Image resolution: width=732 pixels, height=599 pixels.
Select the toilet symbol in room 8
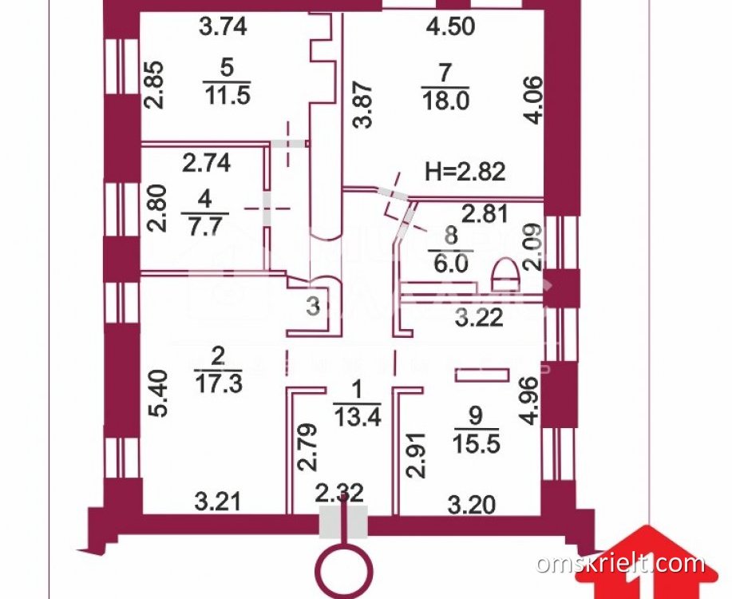tap(504, 275)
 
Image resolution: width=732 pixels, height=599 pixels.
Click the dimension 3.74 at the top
tap(223, 26)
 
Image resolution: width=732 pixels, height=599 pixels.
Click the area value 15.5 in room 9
tap(476, 442)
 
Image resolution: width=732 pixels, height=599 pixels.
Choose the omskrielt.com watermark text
tap(621, 564)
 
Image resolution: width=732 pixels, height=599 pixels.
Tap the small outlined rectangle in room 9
tap(481, 373)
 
